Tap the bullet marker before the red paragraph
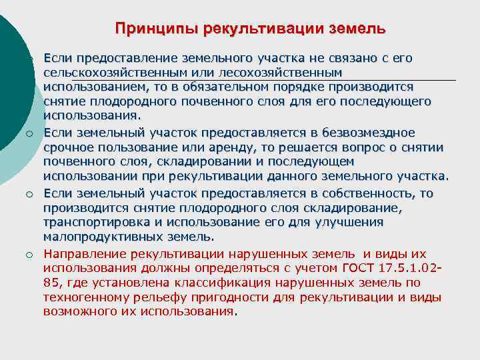(x=30, y=254)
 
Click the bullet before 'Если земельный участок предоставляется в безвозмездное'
(x=30, y=133)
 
